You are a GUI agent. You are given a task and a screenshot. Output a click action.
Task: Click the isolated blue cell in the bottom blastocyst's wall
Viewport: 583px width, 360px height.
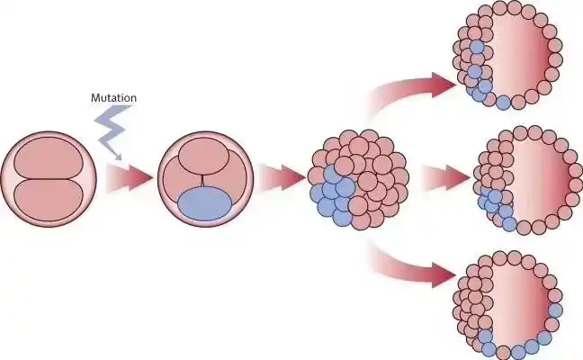click(555, 310)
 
